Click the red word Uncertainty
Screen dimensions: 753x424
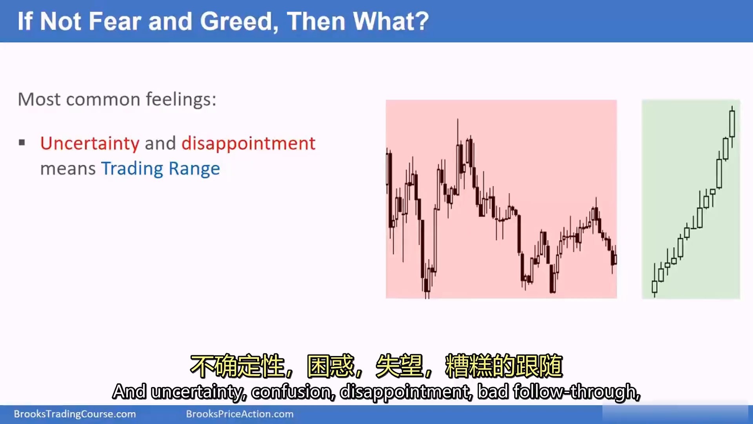point(90,144)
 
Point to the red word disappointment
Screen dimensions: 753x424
point(248,144)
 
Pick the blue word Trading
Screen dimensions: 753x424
point(132,169)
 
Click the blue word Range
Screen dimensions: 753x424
point(194,169)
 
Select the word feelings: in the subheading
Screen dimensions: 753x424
point(181,99)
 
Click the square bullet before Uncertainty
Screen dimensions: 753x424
point(22,143)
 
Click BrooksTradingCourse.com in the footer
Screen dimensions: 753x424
point(75,414)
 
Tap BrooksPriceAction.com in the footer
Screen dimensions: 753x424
point(240,414)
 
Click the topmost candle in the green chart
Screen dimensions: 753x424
point(732,124)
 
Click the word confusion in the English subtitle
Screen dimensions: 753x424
point(293,392)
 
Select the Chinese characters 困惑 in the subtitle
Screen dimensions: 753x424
point(331,366)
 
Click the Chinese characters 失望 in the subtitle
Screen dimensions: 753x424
point(399,366)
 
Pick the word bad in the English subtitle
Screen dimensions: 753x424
point(493,391)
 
